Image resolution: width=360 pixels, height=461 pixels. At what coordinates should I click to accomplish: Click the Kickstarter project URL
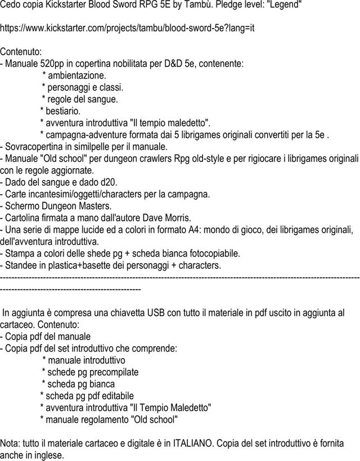click(x=128, y=28)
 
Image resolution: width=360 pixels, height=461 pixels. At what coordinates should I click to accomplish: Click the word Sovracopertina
click(x=33, y=147)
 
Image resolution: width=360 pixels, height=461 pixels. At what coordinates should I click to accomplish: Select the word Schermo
click(x=22, y=206)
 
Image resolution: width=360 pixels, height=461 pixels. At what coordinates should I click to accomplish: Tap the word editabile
click(x=114, y=396)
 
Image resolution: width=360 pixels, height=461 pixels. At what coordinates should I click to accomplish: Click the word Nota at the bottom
click(x=11, y=443)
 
